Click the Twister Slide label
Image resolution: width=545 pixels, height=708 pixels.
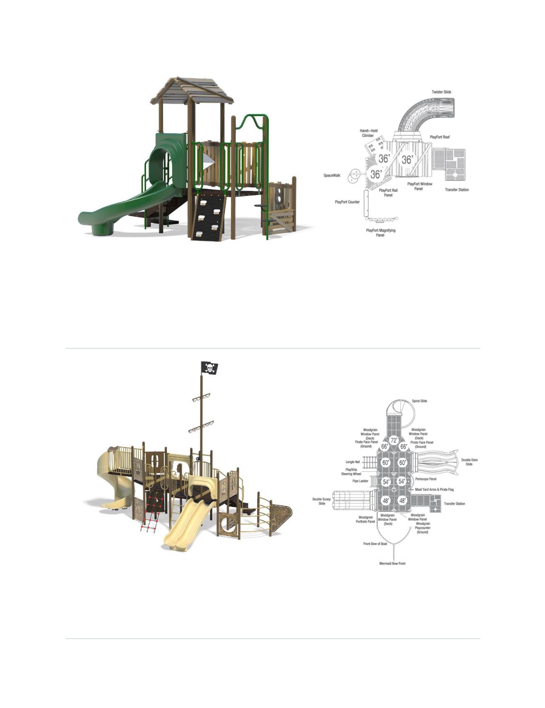441,92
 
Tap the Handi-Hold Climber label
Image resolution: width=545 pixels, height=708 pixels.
368,133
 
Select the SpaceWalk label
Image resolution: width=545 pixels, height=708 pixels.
332,176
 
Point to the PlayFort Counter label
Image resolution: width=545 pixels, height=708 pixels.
347,202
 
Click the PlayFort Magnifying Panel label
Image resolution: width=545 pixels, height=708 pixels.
380,233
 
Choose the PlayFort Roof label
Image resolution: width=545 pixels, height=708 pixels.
440,137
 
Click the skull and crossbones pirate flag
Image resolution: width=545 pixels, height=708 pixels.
209,368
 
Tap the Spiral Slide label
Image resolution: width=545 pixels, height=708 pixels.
419,401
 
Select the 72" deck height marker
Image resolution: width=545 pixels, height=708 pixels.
394,441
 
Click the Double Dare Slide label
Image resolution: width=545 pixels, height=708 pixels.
469,462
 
